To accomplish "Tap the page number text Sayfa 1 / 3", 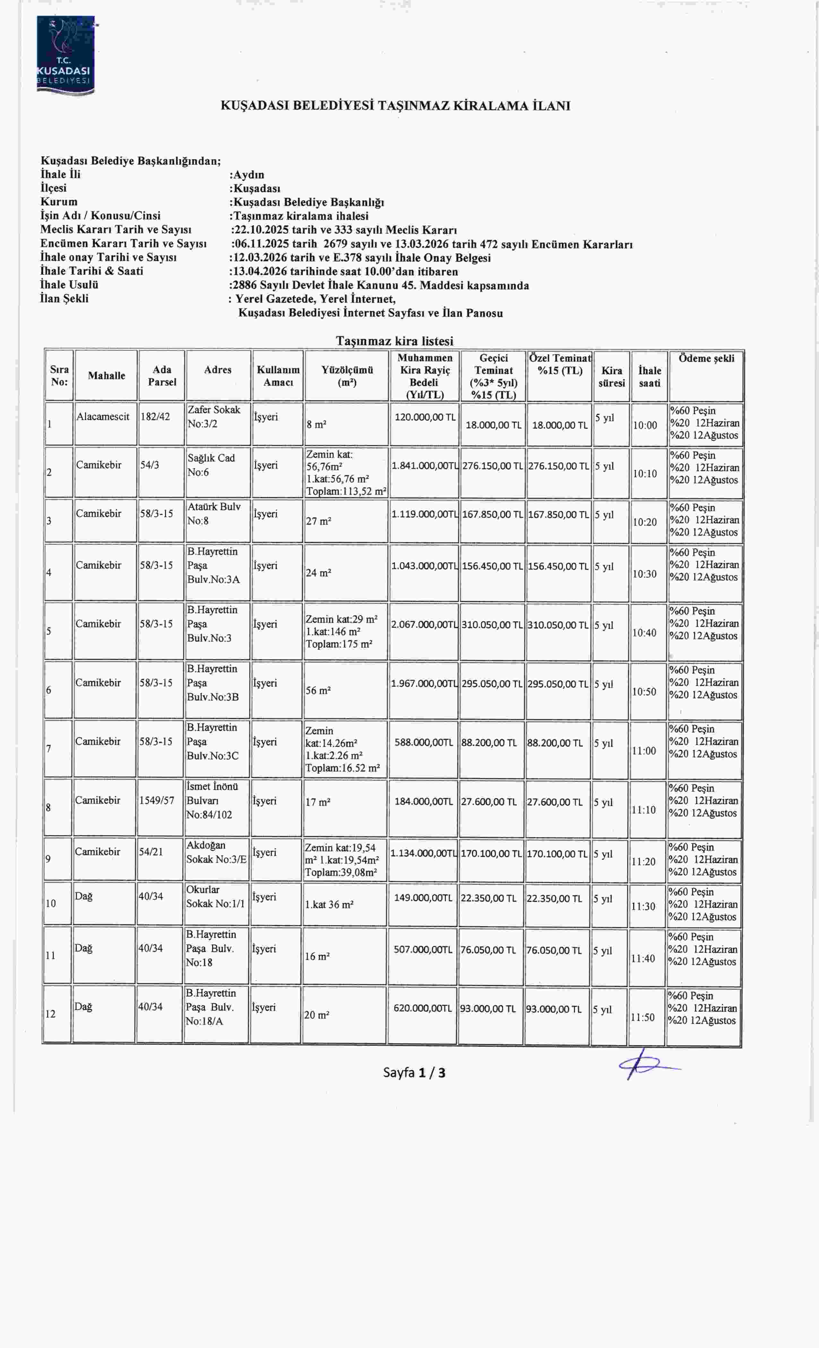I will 414,1072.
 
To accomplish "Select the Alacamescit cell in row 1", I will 103,417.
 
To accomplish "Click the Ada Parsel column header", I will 162,376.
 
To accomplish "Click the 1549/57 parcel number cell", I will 157,800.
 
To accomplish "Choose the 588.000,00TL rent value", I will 424,742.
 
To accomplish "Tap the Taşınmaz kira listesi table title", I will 394,341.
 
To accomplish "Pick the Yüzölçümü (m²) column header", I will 347,376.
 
